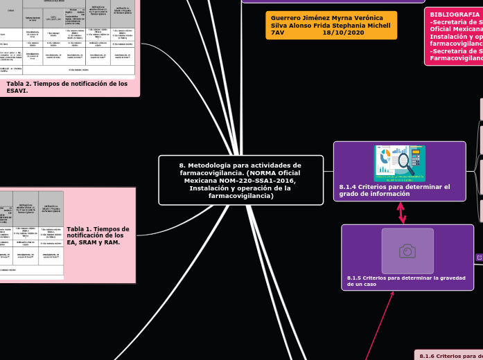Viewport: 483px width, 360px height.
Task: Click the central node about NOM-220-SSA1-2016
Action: tap(240, 180)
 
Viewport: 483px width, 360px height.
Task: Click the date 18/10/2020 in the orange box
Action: tap(343, 33)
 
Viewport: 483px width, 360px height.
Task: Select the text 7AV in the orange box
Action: tap(277, 33)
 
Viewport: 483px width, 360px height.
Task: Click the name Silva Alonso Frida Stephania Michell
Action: tap(331, 25)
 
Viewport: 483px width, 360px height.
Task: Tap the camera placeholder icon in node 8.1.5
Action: tap(407, 251)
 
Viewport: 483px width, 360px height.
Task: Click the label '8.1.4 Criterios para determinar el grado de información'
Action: tap(394, 190)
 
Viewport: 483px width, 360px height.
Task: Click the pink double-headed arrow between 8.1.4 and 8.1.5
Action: tap(401, 213)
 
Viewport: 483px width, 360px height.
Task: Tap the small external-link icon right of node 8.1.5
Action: tap(479, 258)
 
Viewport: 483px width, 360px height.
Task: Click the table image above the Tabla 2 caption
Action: tap(67, 38)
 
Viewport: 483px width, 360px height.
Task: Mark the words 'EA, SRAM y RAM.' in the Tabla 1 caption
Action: tap(93, 243)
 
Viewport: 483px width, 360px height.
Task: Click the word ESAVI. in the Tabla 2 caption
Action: tap(17, 91)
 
